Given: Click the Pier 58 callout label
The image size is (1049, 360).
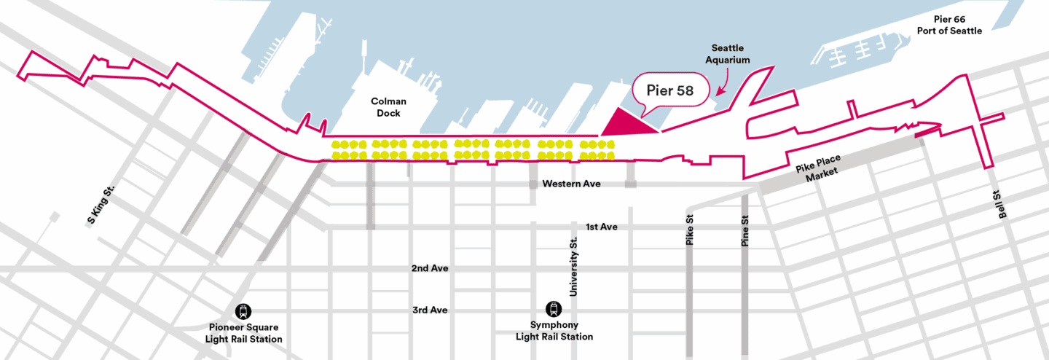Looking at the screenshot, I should pos(670,93).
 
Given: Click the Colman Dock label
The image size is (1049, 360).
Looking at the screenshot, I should pos(388,107).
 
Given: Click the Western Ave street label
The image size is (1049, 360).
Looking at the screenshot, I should pos(571,184).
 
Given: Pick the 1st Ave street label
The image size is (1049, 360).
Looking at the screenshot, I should pos(601,227).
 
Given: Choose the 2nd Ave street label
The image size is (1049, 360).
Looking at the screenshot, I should pos(429,268).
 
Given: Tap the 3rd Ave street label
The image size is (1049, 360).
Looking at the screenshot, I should pos(429,310).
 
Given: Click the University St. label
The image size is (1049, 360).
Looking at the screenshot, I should pos(573,267).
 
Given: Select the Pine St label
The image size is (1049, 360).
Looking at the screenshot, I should pos(744,229).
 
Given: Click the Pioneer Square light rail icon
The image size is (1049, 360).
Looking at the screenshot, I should pos(243,311).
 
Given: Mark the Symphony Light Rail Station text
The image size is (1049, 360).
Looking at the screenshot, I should pos(554,331).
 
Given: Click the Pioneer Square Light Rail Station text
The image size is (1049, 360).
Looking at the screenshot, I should pos(243,334).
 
